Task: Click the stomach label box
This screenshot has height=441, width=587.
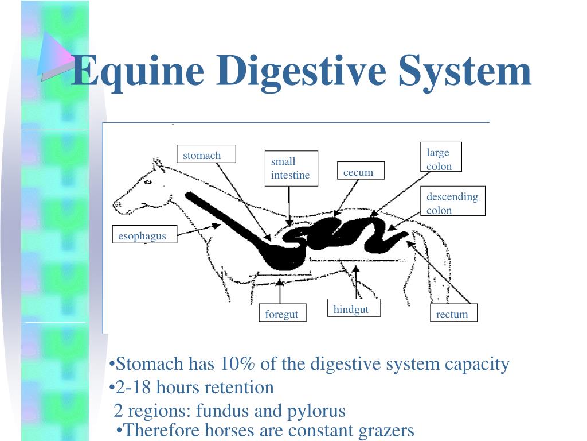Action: click(x=206, y=154)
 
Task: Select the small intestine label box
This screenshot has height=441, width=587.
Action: click(x=291, y=168)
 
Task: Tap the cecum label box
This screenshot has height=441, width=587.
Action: click(x=359, y=171)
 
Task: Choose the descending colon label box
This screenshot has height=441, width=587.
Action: click(x=452, y=202)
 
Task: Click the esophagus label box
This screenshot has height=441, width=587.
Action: click(x=143, y=235)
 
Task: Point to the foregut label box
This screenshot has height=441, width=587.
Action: click(x=282, y=314)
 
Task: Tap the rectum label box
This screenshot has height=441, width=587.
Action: click(x=453, y=314)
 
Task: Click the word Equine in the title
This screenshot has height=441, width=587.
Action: click(x=138, y=71)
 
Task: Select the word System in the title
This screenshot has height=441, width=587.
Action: click(x=465, y=71)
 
